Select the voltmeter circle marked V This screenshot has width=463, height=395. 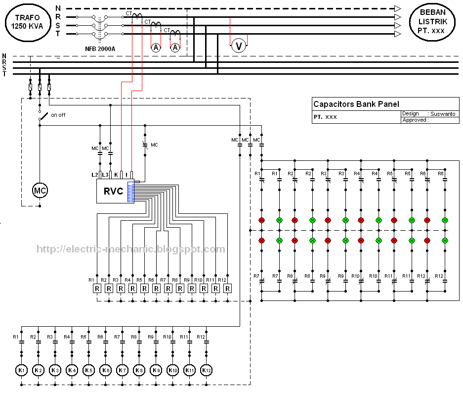click(x=239, y=46)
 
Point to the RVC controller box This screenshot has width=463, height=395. click(x=113, y=192)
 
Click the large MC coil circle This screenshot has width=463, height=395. click(x=40, y=190)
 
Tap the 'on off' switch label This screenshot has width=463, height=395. click(x=58, y=115)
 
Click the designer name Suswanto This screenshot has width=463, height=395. click(x=444, y=114)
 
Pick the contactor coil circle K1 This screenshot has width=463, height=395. click(x=21, y=370)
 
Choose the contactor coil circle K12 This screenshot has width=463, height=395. click(x=207, y=370)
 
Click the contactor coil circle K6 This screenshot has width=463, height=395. click(x=105, y=370)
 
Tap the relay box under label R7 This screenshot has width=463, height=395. click(x=167, y=289)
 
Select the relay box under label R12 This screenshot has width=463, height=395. click(x=227, y=289)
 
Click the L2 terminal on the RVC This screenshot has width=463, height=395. click(x=95, y=175)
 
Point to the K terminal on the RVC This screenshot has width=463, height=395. click(x=116, y=175)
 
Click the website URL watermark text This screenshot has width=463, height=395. click(x=131, y=249)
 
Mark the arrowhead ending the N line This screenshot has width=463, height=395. click(x=397, y=8)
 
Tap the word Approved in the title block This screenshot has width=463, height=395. click(x=413, y=120)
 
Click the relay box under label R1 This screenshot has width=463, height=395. click(x=97, y=289)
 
